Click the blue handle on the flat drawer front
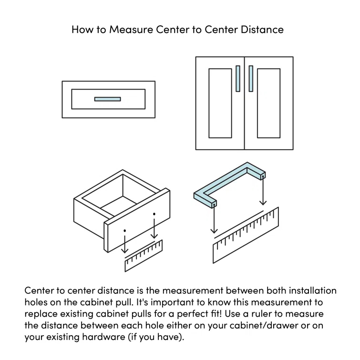(107, 99)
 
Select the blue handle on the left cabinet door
(238, 78)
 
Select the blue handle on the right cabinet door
(251, 78)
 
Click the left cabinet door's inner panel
(220, 103)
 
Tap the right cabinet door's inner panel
(268, 103)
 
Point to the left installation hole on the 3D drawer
(125, 230)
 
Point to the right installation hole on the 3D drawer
(154, 214)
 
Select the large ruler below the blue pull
(246, 236)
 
